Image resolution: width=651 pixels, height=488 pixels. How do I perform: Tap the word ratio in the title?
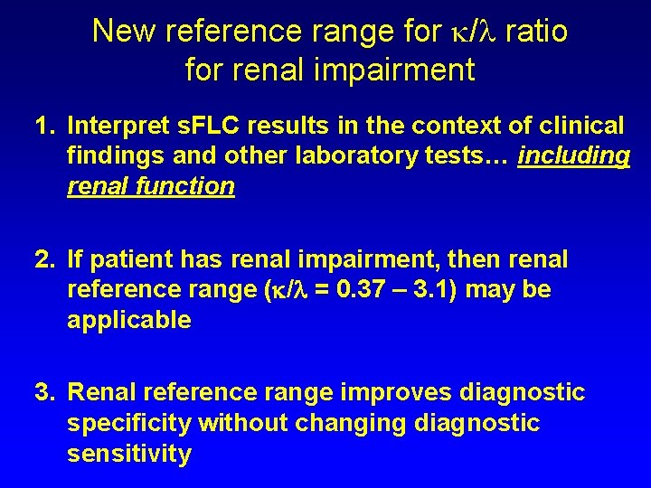point(536,32)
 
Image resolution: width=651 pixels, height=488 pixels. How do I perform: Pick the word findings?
point(116,156)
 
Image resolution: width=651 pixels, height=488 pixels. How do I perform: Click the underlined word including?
point(573,156)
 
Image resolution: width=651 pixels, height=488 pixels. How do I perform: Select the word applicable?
point(129,320)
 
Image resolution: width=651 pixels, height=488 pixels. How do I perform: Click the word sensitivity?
point(129,453)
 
